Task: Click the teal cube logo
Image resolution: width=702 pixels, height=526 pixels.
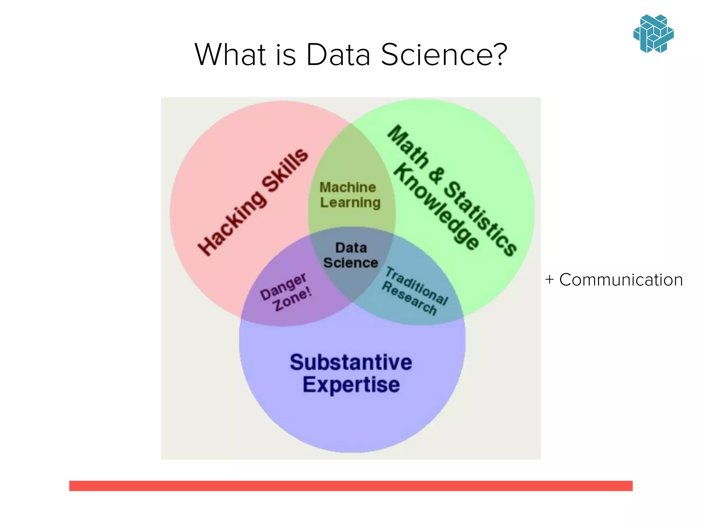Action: click(653, 34)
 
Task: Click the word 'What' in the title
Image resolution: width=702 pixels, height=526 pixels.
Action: click(230, 54)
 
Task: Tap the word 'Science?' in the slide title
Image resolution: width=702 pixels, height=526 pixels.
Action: click(444, 54)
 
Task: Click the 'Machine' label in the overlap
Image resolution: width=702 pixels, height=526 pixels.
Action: click(348, 187)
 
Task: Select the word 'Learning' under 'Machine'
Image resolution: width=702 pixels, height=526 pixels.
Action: click(350, 202)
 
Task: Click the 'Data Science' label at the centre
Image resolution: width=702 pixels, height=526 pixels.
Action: click(351, 255)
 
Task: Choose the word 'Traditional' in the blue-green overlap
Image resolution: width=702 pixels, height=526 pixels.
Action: click(417, 286)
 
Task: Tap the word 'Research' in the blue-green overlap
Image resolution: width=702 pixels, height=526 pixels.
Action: click(409, 298)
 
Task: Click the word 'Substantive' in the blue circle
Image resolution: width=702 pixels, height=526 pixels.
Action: click(351, 362)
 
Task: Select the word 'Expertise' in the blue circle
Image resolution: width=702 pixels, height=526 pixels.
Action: click(351, 385)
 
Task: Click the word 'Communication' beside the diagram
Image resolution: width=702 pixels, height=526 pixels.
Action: click(621, 280)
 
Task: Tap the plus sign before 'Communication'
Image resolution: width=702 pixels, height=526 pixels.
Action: click(549, 279)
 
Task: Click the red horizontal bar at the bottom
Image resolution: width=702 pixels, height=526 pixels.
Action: click(351, 486)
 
